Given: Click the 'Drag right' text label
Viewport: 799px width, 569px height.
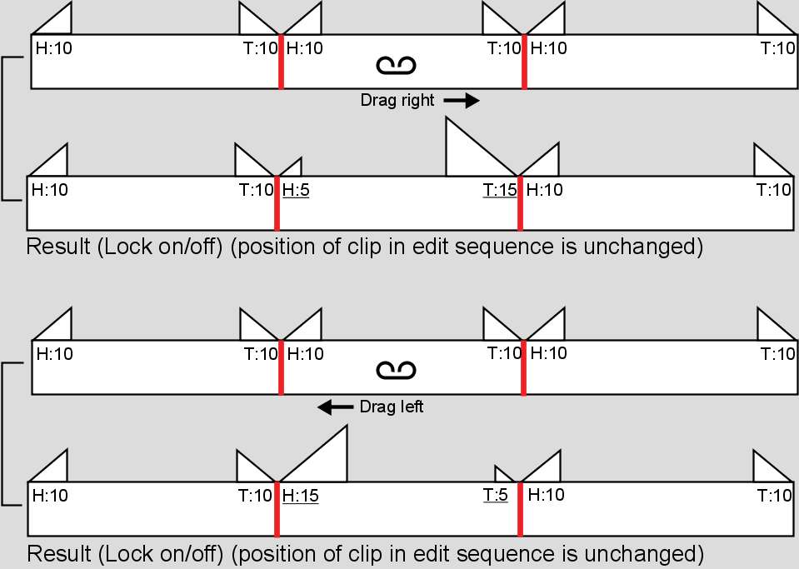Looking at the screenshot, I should coord(397,101).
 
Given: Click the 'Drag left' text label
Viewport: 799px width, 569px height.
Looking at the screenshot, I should coord(392,407).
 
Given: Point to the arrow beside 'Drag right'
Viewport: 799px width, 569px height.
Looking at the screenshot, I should coord(461,101).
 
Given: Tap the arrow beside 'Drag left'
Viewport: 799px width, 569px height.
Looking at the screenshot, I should coord(336,407).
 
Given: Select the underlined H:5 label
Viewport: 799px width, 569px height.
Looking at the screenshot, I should coord(296,190).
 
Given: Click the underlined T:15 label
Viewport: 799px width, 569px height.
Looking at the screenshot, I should coord(500,190).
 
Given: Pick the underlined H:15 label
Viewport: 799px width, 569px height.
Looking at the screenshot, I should coord(300,496).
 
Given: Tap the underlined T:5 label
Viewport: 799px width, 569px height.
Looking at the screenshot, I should coord(495,496).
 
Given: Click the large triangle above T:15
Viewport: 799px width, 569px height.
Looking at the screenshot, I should coord(471,154).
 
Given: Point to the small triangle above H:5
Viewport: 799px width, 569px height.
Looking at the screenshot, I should coord(293,168).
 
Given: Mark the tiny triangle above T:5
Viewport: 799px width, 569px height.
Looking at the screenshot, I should coord(503,475).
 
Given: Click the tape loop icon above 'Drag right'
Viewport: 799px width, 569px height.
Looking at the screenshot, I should coord(396,65).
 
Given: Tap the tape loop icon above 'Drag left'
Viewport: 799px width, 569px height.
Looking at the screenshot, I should coord(396,369).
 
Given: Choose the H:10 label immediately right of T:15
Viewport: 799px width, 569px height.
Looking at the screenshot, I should coord(545,190).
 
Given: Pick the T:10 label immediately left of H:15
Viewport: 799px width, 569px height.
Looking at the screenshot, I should coord(256,496).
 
